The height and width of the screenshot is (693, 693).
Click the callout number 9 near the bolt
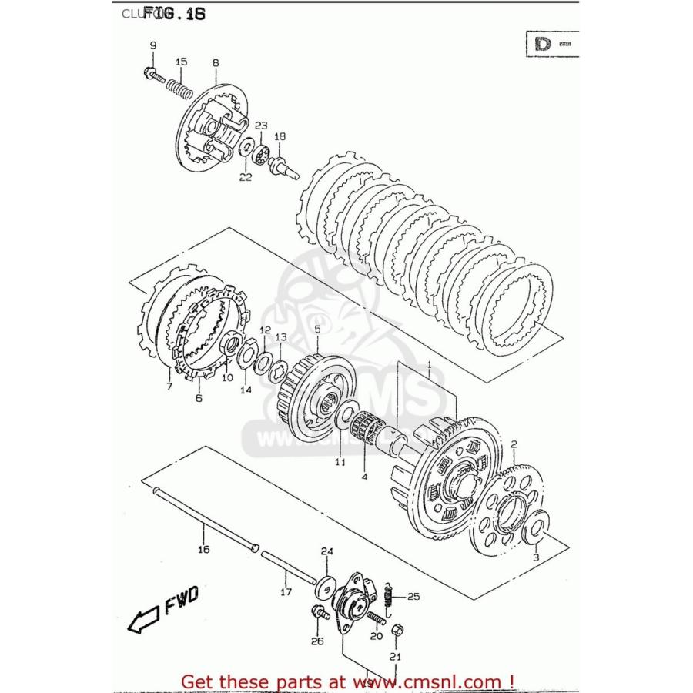[x=152, y=45]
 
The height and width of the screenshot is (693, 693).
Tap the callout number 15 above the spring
[x=181, y=62]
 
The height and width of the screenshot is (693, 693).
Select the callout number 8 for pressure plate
[x=216, y=62]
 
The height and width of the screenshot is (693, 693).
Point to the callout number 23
[x=261, y=126]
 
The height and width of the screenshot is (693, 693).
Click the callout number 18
[x=280, y=136]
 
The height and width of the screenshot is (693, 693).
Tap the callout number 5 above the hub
[x=294, y=330]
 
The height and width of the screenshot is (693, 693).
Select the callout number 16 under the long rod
[x=203, y=549]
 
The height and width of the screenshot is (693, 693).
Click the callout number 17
[x=286, y=592]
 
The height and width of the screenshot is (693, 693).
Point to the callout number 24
[x=326, y=551]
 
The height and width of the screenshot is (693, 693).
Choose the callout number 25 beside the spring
[x=413, y=596]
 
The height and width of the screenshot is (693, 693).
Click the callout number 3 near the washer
[x=537, y=556]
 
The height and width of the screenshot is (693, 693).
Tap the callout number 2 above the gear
[x=514, y=443]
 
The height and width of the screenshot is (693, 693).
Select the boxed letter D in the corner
[x=542, y=44]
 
